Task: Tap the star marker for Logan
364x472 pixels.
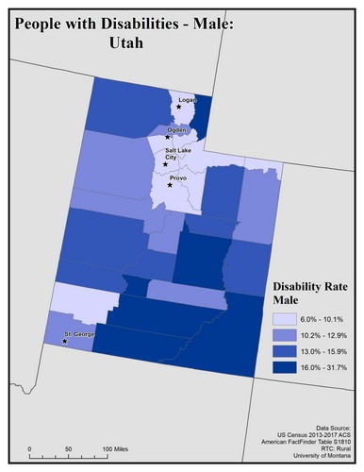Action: pyautogui.click(x=178, y=106)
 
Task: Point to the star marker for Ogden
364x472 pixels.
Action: pyautogui.click(x=168, y=138)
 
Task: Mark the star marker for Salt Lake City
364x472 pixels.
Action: pyautogui.click(x=165, y=162)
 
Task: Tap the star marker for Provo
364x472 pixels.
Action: pyautogui.click(x=170, y=184)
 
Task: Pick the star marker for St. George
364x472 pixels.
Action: pyautogui.click(x=64, y=342)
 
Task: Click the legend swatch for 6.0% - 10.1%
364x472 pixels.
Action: pyautogui.click(x=285, y=319)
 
